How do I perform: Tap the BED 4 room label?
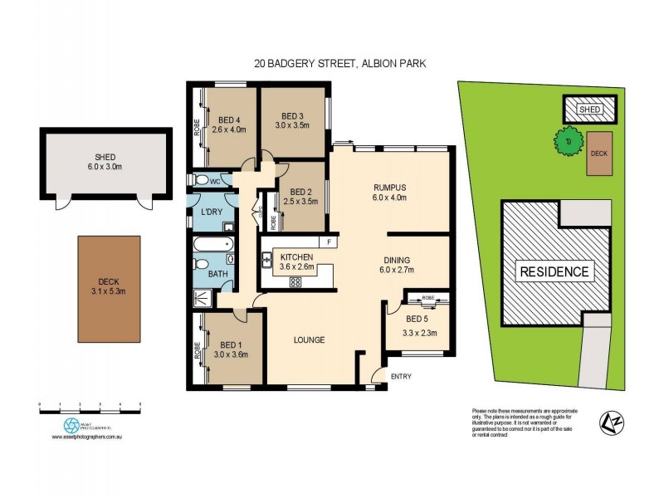pyautogui.click(x=226, y=118)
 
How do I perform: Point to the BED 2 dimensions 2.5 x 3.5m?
pyautogui.click(x=301, y=201)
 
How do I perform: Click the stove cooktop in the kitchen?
pyautogui.click(x=295, y=281)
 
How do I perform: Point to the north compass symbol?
pyautogui.click(x=610, y=423)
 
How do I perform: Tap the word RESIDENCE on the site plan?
pyautogui.click(x=554, y=271)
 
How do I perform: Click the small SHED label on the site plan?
pyautogui.click(x=590, y=109)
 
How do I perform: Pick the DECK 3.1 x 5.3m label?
pyautogui.click(x=109, y=285)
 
